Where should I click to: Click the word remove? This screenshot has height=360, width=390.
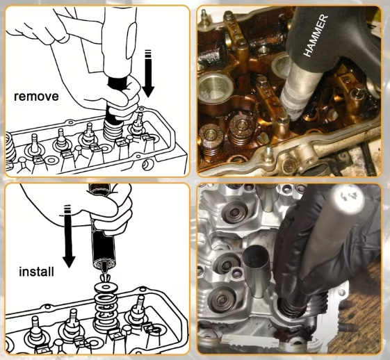point(36,97)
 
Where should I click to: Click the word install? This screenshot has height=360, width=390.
point(36,272)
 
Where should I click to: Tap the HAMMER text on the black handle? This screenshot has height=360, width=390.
point(316,35)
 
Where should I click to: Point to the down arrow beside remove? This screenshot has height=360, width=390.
point(149,74)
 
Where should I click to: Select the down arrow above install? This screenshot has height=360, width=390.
point(68,236)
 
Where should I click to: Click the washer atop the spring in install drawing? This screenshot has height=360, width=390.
point(106,288)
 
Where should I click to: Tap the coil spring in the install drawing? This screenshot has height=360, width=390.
point(106,308)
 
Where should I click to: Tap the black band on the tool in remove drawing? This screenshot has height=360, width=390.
point(117,81)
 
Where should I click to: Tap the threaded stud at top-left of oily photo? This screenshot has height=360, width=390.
point(204,17)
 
